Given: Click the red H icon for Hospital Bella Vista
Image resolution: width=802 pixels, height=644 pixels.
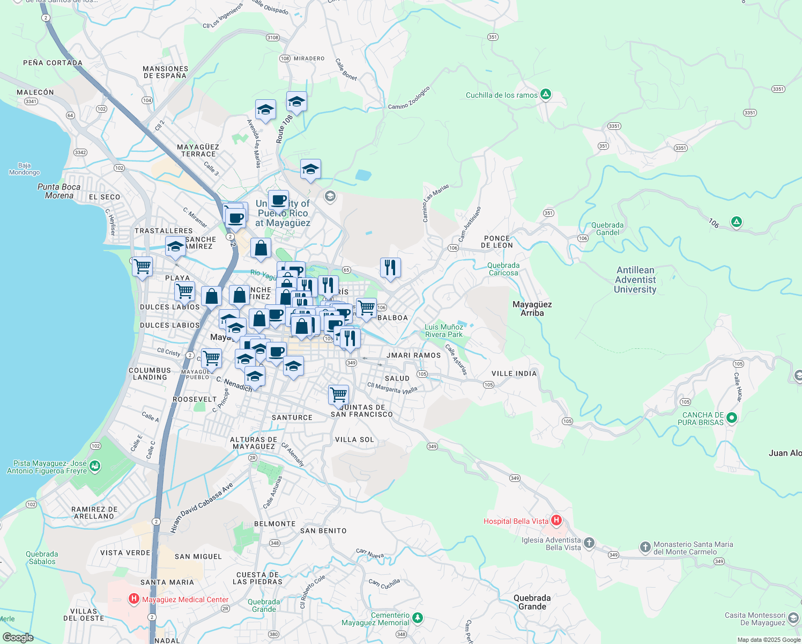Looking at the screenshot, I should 556,520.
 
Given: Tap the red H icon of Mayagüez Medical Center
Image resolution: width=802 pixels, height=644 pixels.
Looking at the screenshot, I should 133,599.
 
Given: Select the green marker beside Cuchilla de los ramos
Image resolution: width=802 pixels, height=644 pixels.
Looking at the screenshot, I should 546,95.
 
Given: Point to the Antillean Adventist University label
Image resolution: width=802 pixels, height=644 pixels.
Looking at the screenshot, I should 635,280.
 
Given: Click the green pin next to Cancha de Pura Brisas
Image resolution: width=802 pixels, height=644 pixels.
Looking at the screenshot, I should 732,418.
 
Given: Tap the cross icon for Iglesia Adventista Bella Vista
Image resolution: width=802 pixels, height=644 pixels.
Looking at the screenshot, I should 589,543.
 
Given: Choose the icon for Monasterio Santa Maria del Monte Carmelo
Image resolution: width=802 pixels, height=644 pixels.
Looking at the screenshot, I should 645,547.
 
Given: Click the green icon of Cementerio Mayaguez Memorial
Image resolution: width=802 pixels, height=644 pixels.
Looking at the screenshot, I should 417,618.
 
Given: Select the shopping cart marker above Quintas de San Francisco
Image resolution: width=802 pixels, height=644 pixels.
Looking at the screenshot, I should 338,394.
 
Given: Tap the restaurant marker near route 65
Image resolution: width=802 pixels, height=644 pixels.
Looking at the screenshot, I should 390,267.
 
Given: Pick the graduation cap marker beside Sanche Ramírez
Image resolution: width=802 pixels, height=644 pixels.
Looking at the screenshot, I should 175,246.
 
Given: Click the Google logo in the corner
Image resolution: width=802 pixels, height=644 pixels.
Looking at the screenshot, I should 18,637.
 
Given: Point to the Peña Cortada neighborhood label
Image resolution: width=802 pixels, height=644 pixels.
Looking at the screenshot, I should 53,63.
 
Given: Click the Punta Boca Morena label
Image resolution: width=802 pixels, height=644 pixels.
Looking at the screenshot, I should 59,191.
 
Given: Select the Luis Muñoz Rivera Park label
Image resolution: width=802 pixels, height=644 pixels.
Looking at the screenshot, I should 443,331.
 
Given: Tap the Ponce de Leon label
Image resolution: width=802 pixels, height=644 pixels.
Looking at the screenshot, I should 496,241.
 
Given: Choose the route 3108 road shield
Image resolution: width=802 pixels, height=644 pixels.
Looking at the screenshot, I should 273,38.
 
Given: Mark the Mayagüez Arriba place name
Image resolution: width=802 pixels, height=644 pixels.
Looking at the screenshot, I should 532,309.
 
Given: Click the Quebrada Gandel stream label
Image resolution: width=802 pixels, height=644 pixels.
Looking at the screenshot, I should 607,229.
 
